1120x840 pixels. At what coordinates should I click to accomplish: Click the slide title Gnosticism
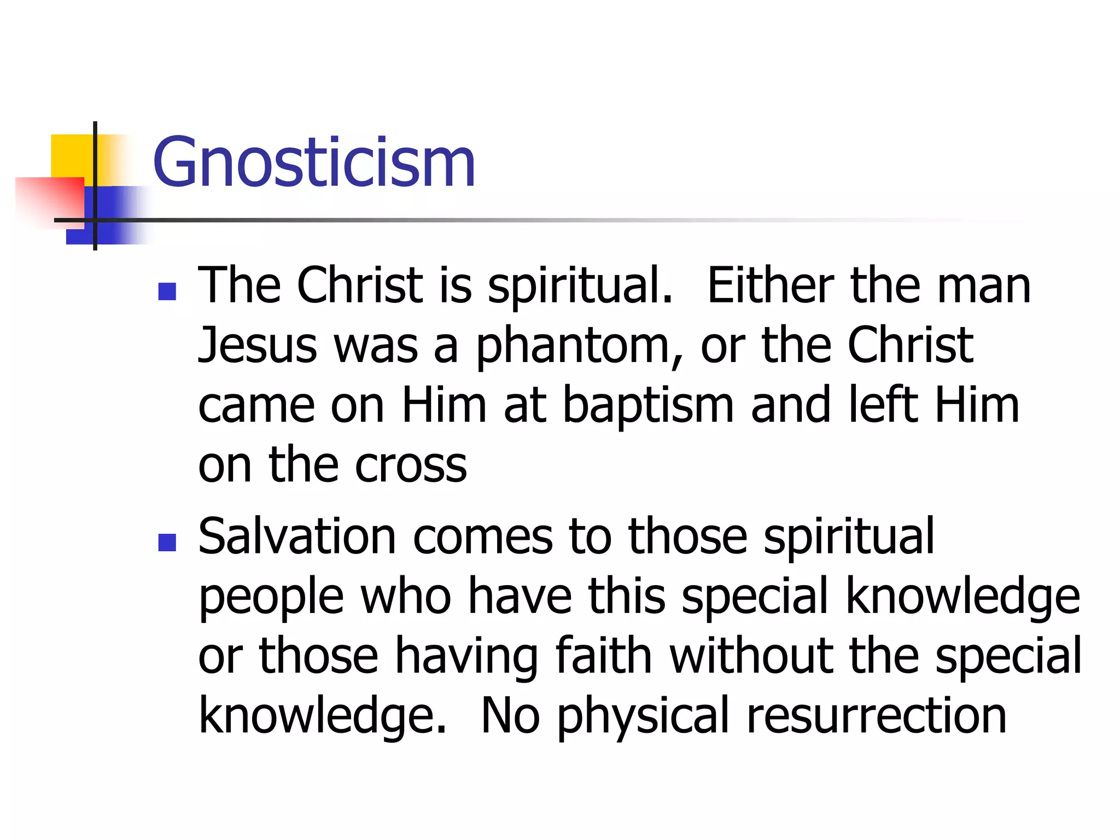tap(314, 162)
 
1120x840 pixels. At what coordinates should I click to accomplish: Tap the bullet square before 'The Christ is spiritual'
tap(167, 291)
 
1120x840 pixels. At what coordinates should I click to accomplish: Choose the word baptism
tap(649, 406)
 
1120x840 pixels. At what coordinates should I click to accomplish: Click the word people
tap(271, 598)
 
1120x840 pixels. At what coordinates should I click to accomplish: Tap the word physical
tap(643, 716)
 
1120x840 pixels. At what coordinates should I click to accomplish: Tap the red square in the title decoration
tap(49, 200)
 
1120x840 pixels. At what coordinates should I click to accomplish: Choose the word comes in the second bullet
tap(482, 537)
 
